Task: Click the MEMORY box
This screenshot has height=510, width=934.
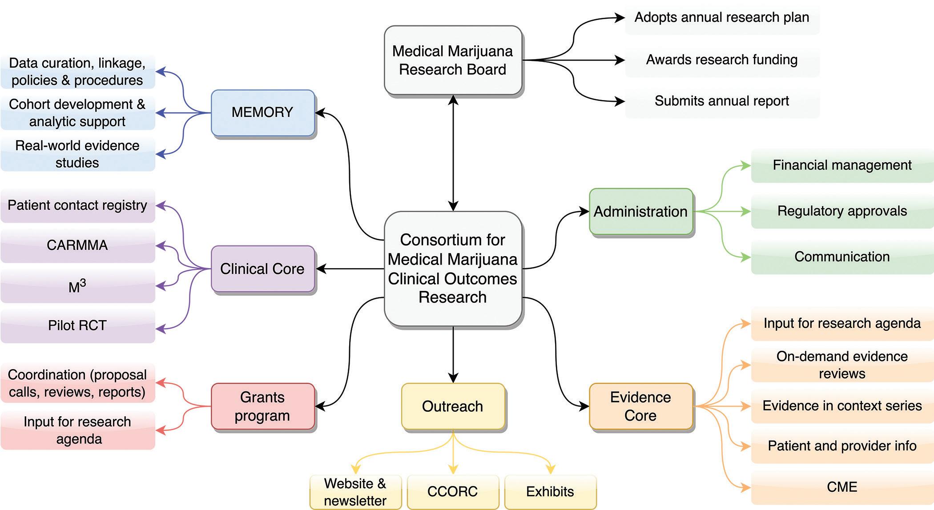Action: point(262,112)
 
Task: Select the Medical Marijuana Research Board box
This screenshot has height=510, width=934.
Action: point(453,60)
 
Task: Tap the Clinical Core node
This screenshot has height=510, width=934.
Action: point(262,269)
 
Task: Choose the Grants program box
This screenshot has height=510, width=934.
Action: point(262,406)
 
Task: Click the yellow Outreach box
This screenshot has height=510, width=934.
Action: point(453,406)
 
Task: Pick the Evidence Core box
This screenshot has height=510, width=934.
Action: point(640,406)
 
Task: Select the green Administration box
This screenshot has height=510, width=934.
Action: point(640,212)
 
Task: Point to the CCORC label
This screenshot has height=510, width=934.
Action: point(453,491)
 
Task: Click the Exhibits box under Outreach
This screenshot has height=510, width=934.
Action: point(550,491)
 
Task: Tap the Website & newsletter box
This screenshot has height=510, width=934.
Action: point(355,492)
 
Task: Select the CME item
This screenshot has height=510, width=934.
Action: point(842,487)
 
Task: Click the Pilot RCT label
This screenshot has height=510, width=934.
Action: point(77,325)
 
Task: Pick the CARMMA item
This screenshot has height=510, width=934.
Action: point(77,245)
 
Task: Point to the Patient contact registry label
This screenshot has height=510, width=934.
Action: point(77,205)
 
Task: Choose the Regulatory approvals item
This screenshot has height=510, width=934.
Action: point(842,211)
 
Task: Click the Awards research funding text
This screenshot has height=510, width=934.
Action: point(721,60)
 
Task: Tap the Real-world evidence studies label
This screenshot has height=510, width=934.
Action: point(77,154)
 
